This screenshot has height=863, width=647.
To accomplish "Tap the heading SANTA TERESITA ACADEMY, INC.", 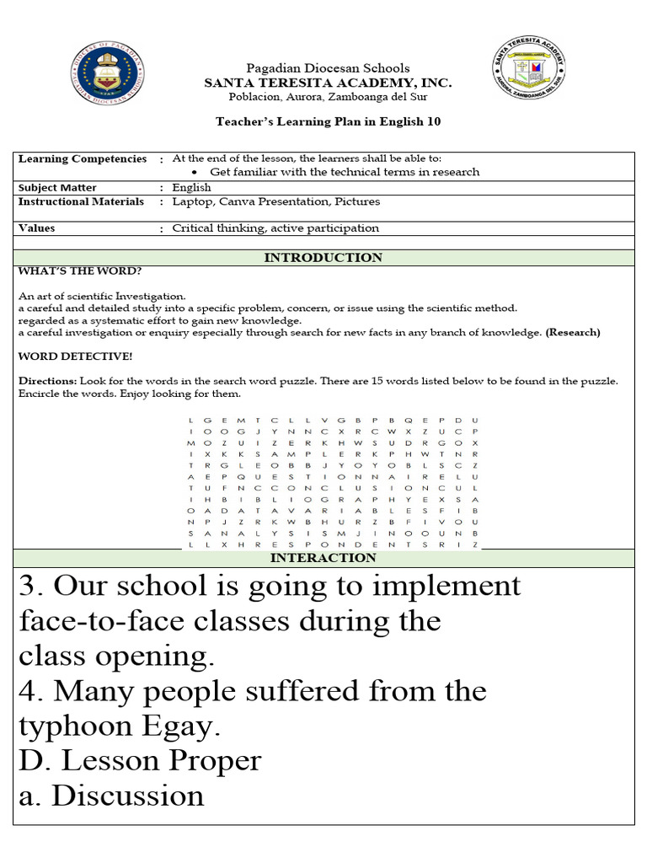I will pos(328,83).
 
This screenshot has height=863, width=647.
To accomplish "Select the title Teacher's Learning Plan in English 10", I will pos(328,121).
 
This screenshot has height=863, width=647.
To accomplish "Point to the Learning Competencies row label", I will pos(82,158).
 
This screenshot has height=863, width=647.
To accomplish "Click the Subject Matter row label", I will pos(57,188).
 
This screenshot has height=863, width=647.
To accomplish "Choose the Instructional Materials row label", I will pos(81,201).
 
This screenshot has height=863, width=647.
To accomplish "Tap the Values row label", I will pos(36,228).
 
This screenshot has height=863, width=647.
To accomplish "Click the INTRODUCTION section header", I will pos(323,258).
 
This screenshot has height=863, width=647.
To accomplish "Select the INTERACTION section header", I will pos(323,558).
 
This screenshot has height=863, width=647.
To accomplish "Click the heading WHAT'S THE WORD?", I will pos(79,271).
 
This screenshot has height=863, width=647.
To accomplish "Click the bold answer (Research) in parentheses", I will pos(573,332).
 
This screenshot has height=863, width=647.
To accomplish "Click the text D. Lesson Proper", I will pos(140,760).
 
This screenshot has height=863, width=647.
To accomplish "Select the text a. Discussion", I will pos(111,796).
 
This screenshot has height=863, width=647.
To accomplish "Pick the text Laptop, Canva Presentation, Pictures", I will pos(275,201).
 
